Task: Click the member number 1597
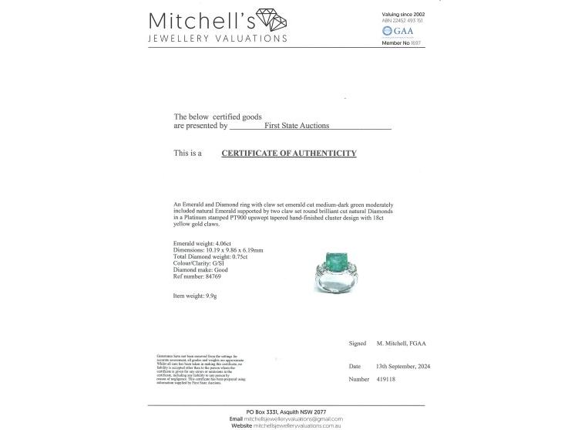tap(417, 43)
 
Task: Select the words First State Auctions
tap(297, 125)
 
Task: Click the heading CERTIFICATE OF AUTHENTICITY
tap(289, 154)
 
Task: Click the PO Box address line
tap(287, 411)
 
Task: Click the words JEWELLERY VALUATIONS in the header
tap(218, 39)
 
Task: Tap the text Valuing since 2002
tap(403, 15)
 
